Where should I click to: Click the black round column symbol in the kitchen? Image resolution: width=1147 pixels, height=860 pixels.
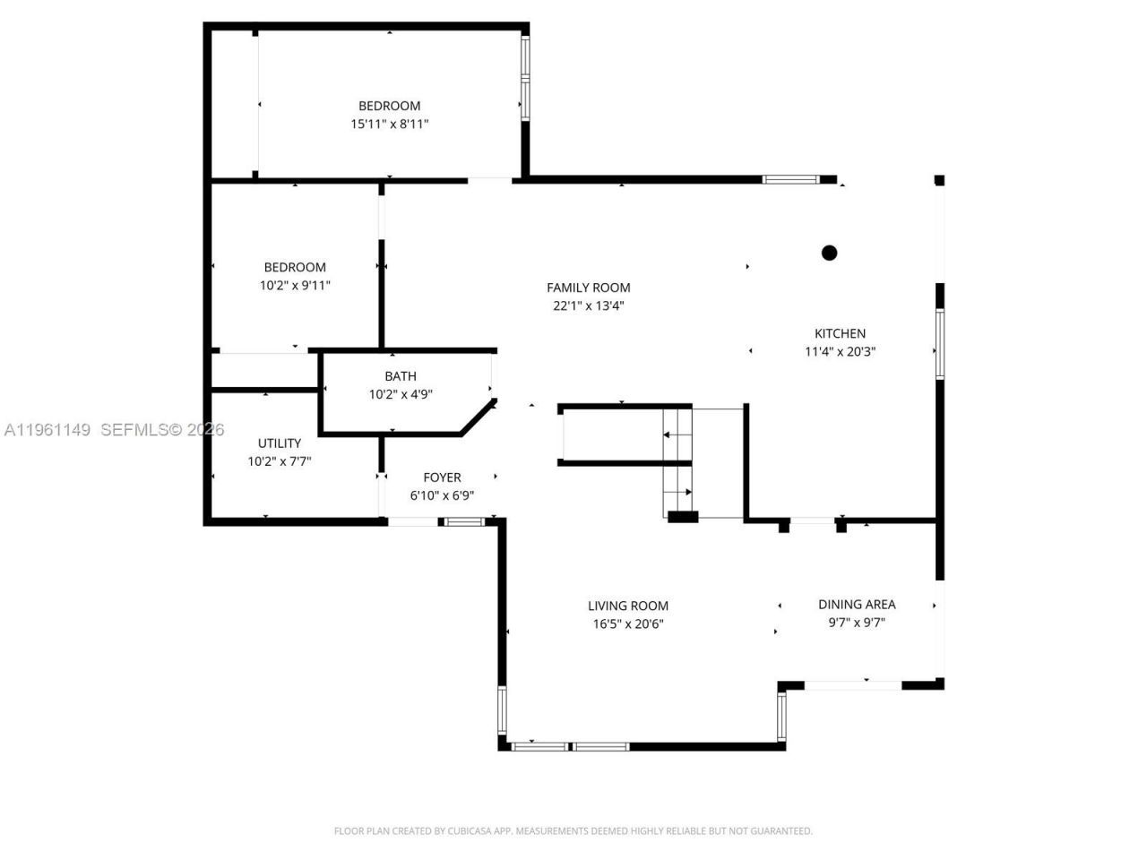[829, 253]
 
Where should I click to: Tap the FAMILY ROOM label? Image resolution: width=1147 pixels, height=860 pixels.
[589, 288]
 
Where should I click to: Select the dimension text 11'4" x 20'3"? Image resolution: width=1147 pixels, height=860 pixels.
[840, 352]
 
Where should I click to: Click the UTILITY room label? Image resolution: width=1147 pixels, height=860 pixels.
[280, 443]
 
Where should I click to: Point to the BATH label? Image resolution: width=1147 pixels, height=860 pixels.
[401, 376]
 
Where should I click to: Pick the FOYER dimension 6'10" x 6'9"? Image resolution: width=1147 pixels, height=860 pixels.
[442, 495]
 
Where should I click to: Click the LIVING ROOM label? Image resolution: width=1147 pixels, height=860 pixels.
[628, 606]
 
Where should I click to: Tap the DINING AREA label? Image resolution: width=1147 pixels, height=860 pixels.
[857, 605]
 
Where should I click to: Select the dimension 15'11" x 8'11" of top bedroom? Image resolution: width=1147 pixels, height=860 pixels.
[389, 125]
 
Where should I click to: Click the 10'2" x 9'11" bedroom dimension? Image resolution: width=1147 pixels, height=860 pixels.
[295, 286]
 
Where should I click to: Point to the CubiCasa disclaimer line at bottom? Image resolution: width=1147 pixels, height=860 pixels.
[573, 831]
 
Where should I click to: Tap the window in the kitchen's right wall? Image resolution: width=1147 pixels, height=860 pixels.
[939, 344]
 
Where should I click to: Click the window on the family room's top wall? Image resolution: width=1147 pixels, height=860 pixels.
[790, 179]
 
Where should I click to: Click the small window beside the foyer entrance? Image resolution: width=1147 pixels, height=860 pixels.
[465, 521]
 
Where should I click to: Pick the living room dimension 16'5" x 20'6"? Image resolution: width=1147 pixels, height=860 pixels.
[628, 624]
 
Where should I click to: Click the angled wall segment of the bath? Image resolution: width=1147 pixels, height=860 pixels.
[479, 417]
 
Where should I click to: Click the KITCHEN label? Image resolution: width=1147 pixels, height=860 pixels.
[840, 333]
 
